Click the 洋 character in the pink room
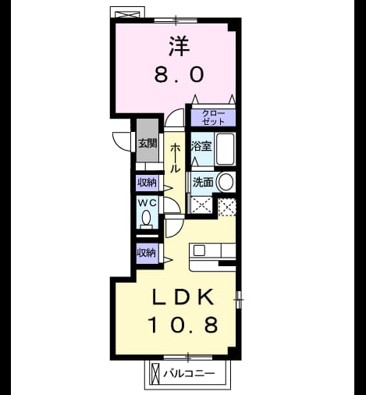[179, 46]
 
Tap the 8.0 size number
[179, 74]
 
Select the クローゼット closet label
[213, 118]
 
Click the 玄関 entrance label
[147, 144]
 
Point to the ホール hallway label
[175, 158]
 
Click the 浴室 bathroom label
[201, 146]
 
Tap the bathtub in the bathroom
[226, 149]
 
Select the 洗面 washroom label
[203, 182]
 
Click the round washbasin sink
[226, 182]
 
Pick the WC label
[147, 203]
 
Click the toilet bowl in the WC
[147, 219]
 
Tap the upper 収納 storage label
[147, 183]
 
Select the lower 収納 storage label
[147, 253]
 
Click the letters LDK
[183, 297]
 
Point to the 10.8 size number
[183, 325]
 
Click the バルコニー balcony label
[189, 374]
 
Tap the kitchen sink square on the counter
[199, 251]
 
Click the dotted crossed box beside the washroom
[227, 207]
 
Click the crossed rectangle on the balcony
[155, 373]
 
